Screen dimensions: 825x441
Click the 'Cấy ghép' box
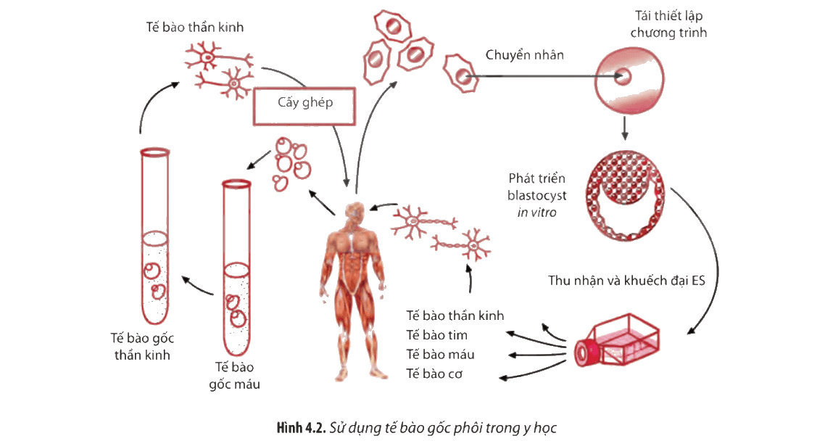[304, 107]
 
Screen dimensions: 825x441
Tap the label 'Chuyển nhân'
[525, 55]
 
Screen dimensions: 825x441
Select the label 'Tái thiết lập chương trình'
[668, 24]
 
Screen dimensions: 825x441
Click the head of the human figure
[354, 213]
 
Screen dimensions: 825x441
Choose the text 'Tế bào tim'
[436, 335]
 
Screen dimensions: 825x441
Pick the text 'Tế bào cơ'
[434, 374]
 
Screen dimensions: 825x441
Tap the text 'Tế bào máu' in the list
[440, 355]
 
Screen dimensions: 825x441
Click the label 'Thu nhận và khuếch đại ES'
[626, 281]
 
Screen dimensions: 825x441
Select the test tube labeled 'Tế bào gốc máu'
[236, 268]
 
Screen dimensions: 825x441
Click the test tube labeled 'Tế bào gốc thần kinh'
[154, 236]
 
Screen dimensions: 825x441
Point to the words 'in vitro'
[536, 213]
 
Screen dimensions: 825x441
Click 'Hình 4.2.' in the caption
[302, 427]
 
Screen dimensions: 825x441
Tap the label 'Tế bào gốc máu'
[235, 376]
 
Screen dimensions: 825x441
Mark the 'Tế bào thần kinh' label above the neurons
[195, 28]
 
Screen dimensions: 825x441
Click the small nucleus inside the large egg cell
[623, 77]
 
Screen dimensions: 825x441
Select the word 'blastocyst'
[536, 196]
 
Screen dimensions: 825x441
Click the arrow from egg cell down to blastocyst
[624, 128]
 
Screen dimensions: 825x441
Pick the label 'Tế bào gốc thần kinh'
[143, 347]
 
